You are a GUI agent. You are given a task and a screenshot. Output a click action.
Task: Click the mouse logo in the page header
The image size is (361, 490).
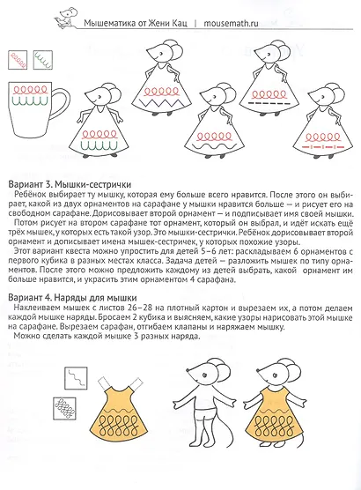(64, 12)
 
